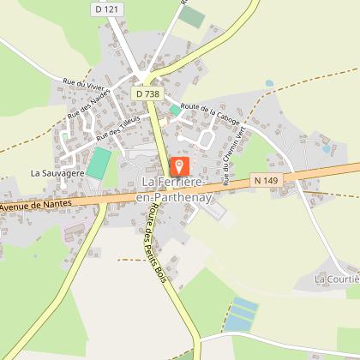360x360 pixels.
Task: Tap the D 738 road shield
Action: click(x=146, y=93)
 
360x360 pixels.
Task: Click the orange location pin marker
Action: click(x=180, y=166)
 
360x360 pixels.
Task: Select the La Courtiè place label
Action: click(x=336, y=279)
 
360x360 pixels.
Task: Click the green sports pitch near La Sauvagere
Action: click(x=100, y=162)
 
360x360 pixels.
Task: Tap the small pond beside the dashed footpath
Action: click(x=269, y=84)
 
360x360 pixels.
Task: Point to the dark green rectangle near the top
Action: click(x=192, y=16)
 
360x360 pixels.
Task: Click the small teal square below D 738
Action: click(x=175, y=110)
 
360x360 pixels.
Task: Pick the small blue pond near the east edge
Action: click(x=326, y=149)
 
